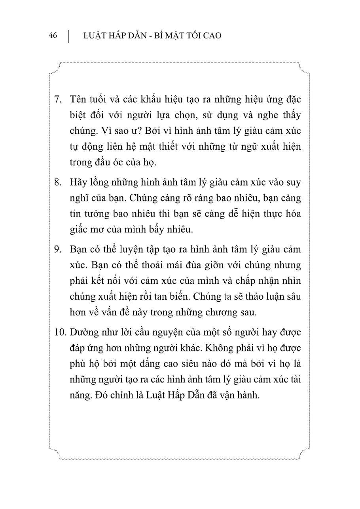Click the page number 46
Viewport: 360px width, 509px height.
[x=53, y=36]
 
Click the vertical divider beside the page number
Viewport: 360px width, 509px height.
[x=69, y=36]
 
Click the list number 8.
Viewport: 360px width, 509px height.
[x=57, y=182]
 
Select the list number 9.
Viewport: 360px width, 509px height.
[x=57, y=249]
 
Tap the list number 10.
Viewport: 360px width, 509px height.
[x=60, y=332]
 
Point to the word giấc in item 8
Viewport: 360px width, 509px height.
[x=78, y=230]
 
